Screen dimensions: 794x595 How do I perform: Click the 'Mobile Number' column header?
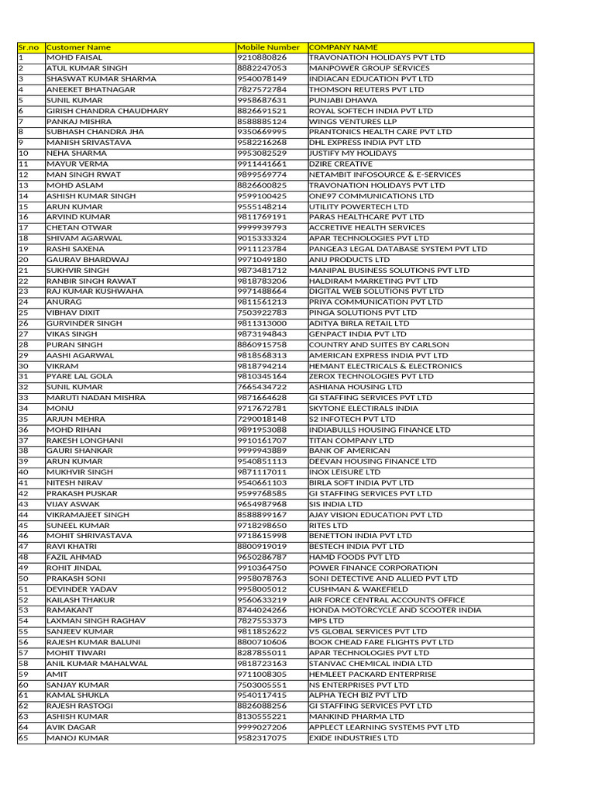coord(268,47)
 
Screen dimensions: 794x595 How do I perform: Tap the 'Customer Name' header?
coord(78,47)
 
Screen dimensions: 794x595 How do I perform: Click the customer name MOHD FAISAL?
coord(74,58)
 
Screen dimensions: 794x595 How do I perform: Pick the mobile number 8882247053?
coord(262,68)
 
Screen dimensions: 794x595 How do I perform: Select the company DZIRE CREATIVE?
coord(341,164)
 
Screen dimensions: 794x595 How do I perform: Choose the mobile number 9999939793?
coord(262,228)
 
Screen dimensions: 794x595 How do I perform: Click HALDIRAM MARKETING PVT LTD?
coord(373,281)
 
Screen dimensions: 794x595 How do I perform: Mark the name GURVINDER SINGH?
coord(84,323)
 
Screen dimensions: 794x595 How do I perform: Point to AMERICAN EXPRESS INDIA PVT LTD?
coord(379,355)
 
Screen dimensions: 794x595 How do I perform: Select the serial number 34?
coord(23,409)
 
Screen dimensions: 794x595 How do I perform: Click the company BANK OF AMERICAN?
coord(349,451)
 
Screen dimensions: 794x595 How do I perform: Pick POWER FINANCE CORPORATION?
coord(373,568)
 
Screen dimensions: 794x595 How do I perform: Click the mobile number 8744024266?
coord(262,610)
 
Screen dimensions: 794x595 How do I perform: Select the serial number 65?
coord(23,738)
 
